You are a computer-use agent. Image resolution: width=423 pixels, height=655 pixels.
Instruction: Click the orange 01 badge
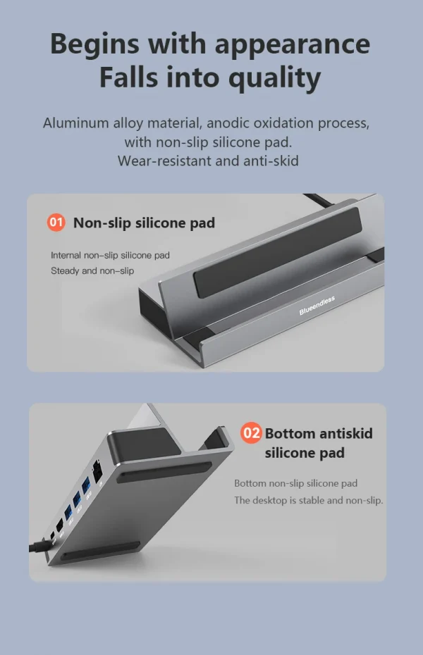point(56,223)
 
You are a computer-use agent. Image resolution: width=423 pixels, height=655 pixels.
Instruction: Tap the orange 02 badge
point(251,432)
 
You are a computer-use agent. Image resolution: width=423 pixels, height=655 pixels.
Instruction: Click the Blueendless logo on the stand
point(317,306)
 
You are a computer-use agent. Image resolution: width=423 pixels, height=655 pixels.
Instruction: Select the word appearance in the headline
point(293,44)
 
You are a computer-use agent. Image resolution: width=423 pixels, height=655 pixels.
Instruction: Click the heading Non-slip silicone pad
point(145,223)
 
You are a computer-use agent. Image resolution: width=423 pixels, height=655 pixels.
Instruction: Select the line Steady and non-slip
point(92,270)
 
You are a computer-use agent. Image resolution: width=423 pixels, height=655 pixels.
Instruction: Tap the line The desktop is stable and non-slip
point(309,501)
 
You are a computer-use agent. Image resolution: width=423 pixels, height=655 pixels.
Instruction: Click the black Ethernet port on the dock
point(98,470)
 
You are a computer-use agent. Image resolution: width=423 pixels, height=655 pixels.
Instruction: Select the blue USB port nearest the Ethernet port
point(86,485)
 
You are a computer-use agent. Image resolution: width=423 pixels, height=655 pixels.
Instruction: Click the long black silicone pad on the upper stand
point(278,252)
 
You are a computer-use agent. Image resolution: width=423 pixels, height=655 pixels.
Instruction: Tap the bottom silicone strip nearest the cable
point(100,551)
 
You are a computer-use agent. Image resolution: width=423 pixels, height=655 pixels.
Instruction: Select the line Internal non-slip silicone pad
point(111,255)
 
